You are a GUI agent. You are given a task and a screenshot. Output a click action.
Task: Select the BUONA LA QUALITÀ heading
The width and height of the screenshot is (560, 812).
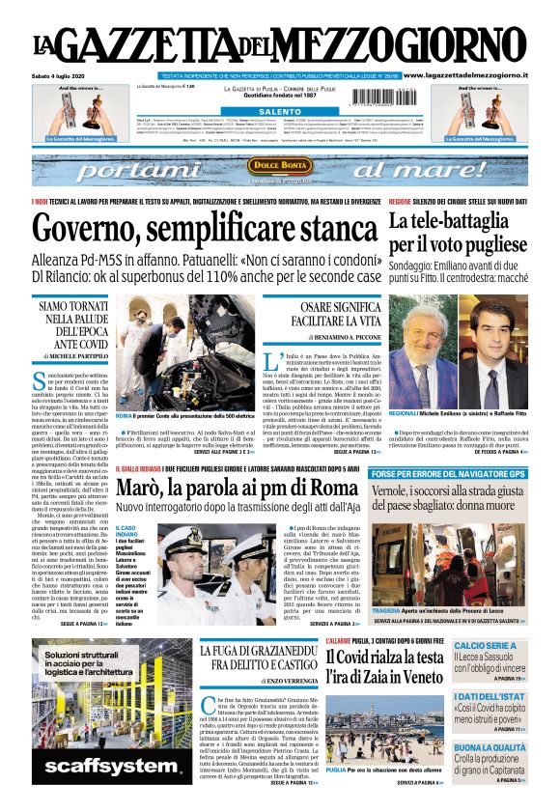click(x=490, y=747)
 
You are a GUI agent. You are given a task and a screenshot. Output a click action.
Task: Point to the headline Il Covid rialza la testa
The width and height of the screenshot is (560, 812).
click(x=385, y=659)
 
